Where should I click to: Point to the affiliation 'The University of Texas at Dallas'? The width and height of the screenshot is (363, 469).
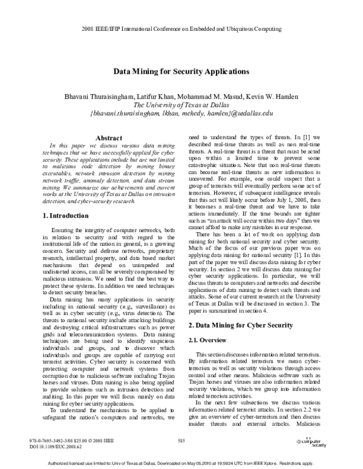(181, 105)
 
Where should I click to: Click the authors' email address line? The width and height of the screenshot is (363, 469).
(181, 113)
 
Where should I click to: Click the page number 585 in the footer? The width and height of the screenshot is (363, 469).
(181, 442)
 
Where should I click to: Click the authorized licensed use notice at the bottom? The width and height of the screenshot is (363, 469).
(181, 464)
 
